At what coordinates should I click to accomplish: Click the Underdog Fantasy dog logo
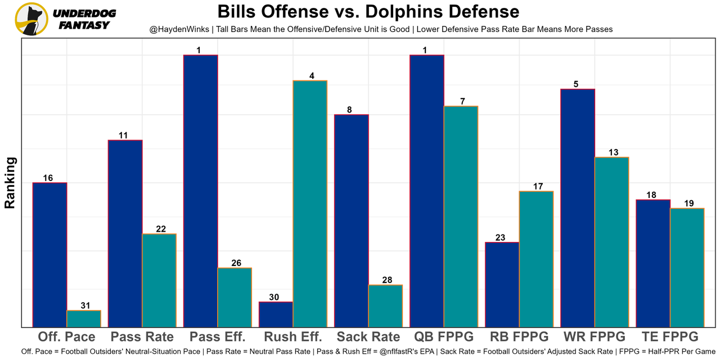tap(31, 19)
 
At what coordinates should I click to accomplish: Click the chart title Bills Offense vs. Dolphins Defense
tap(368, 11)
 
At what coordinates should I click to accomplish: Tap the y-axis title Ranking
tap(10, 183)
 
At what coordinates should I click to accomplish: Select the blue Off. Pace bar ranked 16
tap(50, 254)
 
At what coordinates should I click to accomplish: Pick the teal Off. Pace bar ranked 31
tap(84, 318)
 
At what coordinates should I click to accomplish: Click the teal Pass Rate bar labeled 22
tap(159, 280)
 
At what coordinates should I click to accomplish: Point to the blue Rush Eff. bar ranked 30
tap(276, 314)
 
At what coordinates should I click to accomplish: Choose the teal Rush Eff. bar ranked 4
tap(310, 204)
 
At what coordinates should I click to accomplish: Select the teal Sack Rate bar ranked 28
tap(385, 305)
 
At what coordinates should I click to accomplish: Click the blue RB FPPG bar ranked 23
tap(502, 284)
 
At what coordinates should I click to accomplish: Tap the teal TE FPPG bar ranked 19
tap(687, 267)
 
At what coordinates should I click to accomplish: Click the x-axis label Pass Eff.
tap(217, 337)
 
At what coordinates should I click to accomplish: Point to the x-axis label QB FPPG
tap(443, 337)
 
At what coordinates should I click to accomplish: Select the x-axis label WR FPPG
tap(594, 337)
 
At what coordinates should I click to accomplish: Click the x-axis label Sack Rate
tap(368, 337)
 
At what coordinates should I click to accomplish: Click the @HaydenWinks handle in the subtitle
tap(178, 29)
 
